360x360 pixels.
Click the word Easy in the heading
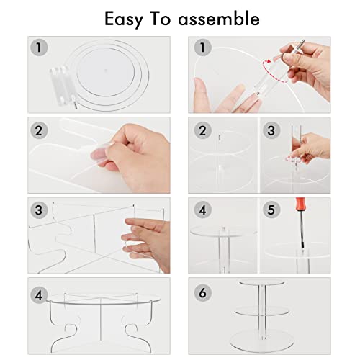[124, 19]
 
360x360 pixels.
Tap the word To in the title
[161, 19]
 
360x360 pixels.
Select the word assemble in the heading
[219, 19]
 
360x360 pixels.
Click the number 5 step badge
[271, 210]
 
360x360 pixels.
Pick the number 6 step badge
[203, 293]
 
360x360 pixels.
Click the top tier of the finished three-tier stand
[262, 282]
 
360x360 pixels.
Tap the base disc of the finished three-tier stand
[262, 340]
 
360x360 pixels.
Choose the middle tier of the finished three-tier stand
[262, 311]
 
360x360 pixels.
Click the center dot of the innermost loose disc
[105, 71]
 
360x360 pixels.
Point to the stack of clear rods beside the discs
[63, 86]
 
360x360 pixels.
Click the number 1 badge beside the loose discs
[39, 48]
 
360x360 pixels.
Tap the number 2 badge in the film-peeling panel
[39, 130]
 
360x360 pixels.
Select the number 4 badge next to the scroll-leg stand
[39, 295]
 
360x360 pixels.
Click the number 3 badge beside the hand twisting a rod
[271, 130]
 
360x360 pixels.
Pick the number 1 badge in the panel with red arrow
[203, 48]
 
